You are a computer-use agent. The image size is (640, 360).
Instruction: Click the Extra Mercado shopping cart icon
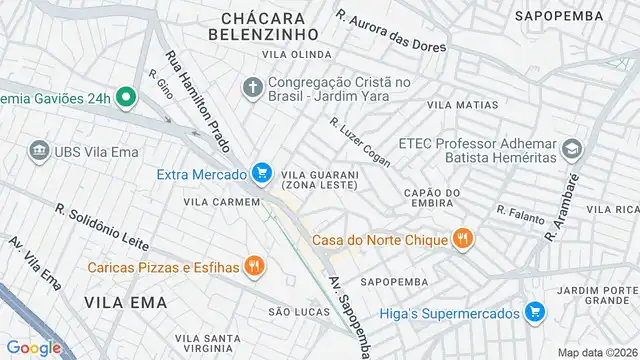[261, 174]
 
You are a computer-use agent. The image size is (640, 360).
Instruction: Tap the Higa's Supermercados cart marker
[535, 313]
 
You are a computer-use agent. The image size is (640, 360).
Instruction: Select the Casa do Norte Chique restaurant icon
[461, 239]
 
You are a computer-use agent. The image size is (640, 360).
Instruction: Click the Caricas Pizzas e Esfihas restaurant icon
[255, 266]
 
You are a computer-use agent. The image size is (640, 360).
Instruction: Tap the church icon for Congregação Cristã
[251, 88]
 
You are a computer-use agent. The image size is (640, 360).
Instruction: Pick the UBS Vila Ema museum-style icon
[39, 150]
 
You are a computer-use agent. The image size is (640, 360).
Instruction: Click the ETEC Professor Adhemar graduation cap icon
[571, 151]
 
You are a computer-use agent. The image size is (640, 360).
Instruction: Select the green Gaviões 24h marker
[125, 97]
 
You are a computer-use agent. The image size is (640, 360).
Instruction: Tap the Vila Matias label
[462, 104]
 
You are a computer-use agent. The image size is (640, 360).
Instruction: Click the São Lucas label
[298, 312]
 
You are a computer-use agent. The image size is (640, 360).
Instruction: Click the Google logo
[34, 347]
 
